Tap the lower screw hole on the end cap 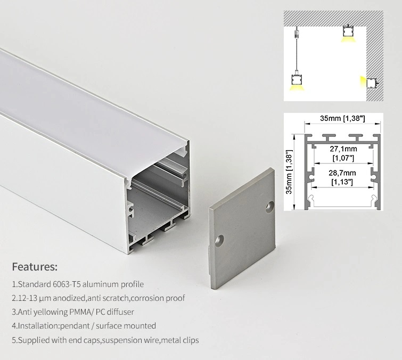point(218,242)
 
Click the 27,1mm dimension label point(343,150)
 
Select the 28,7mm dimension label point(343,173)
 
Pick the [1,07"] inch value point(343,158)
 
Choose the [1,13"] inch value point(343,182)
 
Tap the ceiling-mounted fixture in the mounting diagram point(348,32)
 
